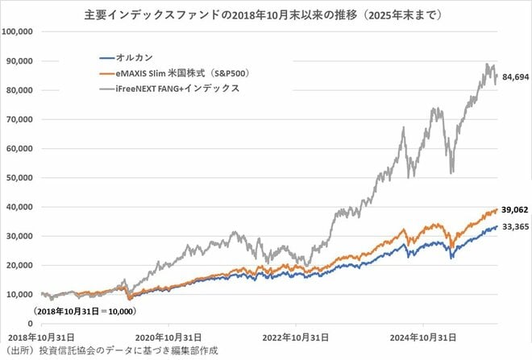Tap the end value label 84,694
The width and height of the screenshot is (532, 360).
(x=513, y=78)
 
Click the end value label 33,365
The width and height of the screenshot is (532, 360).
(x=513, y=228)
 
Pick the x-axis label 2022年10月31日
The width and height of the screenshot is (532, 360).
(x=294, y=337)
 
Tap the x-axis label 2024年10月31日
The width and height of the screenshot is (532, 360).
(x=422, y=337)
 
